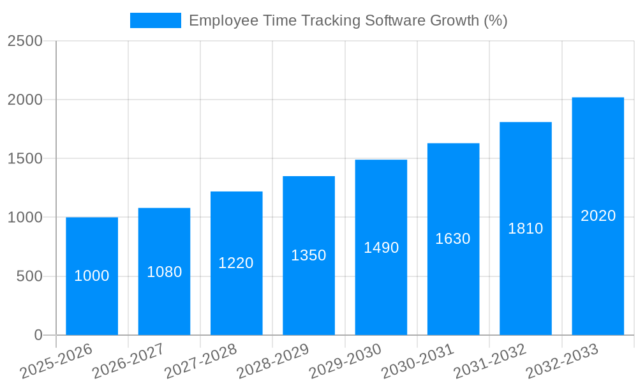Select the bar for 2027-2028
point(236,294)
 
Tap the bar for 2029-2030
point(381,281)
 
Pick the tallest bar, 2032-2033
point(598,255)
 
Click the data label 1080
point(164,272)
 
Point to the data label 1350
point(309,255)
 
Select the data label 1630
point(453,239)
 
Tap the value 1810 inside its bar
point(525,229)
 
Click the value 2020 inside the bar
point(598,216)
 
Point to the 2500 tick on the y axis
point(26,41)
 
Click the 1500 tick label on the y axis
point(26,158)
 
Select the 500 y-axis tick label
point(29,276)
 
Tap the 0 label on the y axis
point(38,335)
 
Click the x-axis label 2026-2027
point(128,361)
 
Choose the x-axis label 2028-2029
point(273,361)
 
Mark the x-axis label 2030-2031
point(418,361)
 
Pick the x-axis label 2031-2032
point(490,361)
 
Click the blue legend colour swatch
point(156,20)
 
